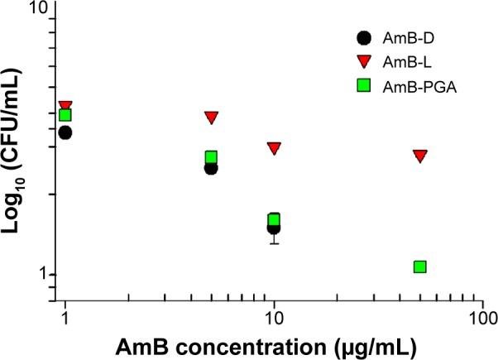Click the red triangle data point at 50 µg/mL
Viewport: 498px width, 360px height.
click(420, 156)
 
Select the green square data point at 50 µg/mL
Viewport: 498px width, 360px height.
click(419, 266)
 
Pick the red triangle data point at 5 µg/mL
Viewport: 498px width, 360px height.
click(211, 118)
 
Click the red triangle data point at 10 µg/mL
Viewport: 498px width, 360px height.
click(274, 148)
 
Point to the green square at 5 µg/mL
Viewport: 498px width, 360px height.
click(211, 157)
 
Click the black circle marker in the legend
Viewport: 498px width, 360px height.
click(362, 37)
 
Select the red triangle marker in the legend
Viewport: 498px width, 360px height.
click(362, 60)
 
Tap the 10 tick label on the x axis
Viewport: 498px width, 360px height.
click(274, 319)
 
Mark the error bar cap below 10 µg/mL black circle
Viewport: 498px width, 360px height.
click(274, 243)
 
